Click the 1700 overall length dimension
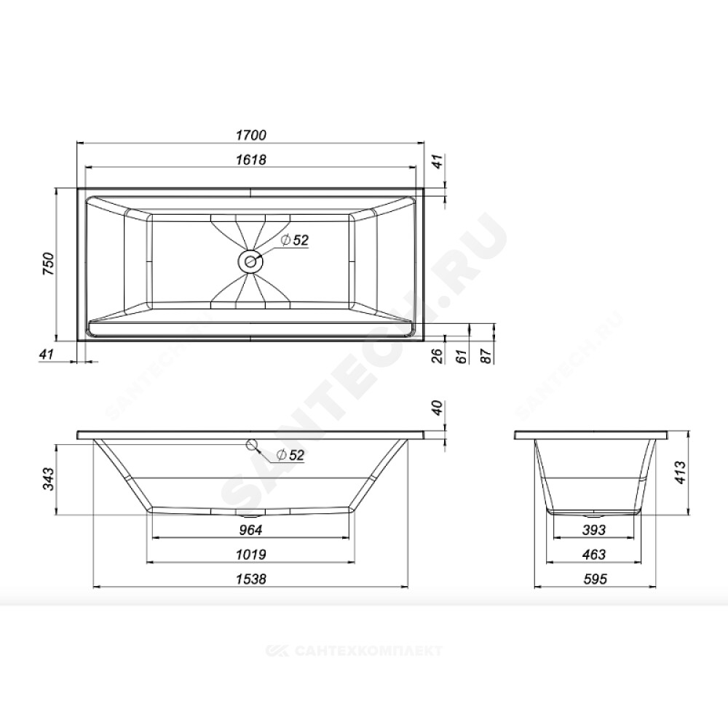point(251,135)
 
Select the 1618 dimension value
point(251,159)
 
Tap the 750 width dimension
point(48,264)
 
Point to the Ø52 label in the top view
point(295,240)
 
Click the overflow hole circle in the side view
point(252,446)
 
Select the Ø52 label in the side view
point(290,455)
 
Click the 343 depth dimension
point(48,479)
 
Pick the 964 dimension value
point(250,530)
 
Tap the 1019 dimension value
point(251,554)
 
